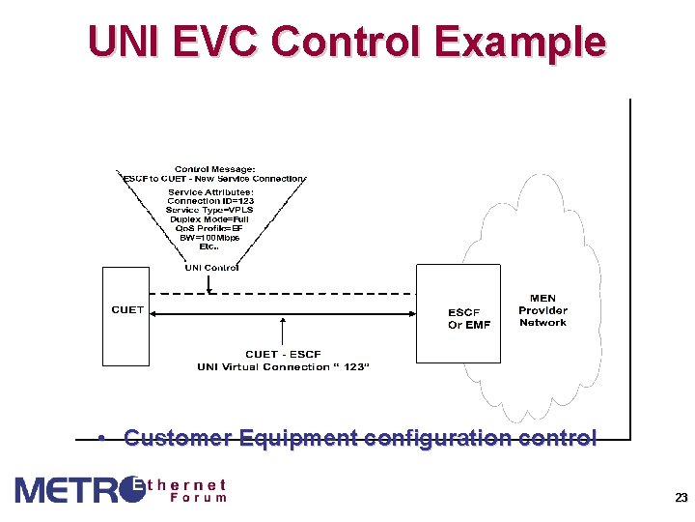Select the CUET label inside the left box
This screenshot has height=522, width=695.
127,310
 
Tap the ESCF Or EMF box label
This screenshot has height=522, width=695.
469,319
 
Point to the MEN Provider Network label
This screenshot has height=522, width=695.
542,310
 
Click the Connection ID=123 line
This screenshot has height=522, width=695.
209,201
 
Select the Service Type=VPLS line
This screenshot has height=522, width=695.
209,210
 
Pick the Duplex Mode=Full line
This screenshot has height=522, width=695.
209,219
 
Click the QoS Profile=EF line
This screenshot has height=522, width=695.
209,228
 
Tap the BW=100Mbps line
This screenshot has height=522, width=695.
209,237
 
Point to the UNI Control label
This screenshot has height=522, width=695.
211,267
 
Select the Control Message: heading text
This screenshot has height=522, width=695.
214,169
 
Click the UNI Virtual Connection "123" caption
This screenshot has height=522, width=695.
283,367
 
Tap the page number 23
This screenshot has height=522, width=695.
681,499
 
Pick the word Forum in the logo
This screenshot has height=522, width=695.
198,498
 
